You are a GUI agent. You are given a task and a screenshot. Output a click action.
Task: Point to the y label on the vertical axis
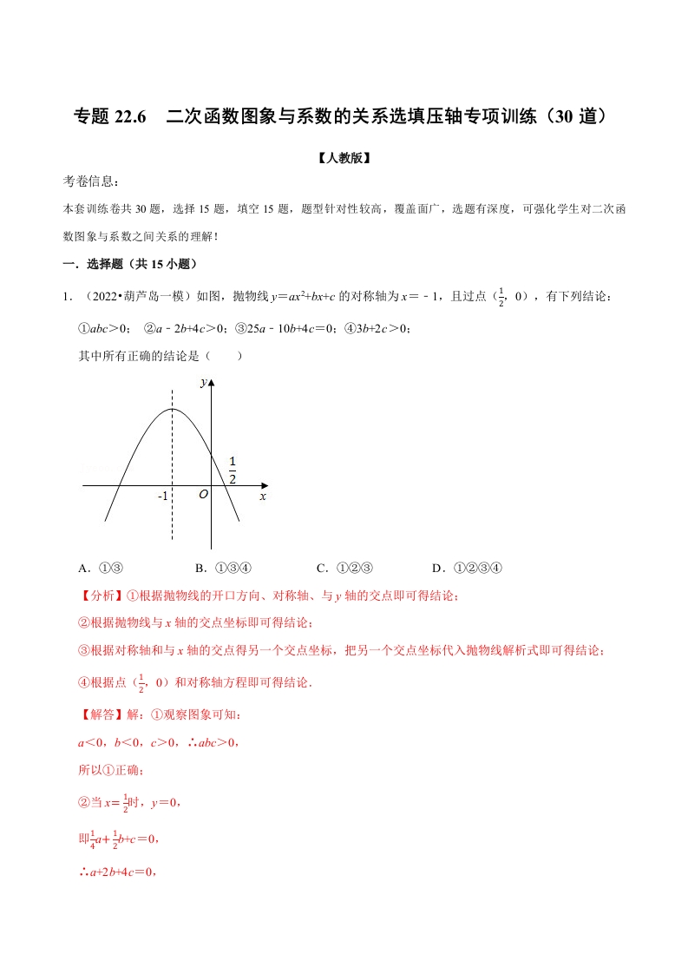click(202, 382)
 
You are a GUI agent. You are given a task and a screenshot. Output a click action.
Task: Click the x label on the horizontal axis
click(262, 496)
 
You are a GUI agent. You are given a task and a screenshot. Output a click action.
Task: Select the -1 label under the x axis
click(162, 497)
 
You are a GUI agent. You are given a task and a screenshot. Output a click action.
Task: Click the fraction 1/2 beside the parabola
click(233, 469)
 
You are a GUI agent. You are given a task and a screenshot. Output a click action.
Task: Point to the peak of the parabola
click(172, 409)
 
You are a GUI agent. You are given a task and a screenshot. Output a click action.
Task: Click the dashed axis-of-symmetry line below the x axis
click(172, 525)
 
